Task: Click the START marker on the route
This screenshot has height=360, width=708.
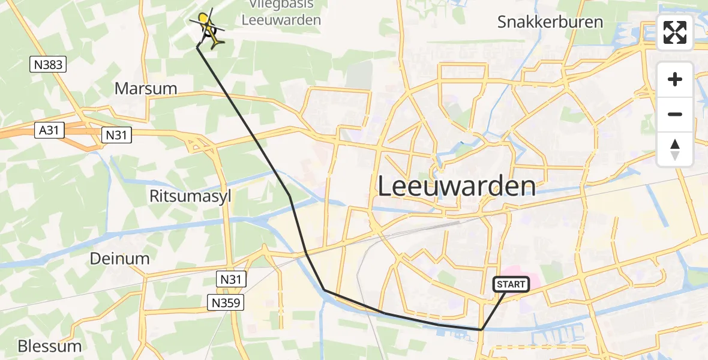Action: coord(511,284)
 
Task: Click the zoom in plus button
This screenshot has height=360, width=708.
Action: coord(675,79)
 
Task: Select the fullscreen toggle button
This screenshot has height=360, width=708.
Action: coord(675,33)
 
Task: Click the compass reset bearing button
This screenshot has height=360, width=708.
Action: coord(675,149)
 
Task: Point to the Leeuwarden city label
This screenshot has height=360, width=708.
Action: coord(457,186)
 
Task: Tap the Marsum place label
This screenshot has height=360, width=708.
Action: coord(146,89)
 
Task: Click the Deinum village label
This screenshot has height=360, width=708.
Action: coord(119,259)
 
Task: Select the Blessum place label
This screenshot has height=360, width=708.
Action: coord(49,346)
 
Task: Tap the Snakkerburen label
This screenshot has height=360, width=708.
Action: coord(550,22)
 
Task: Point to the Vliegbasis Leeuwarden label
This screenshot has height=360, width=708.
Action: coord(281,13)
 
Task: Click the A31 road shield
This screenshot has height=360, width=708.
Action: coord(49,130)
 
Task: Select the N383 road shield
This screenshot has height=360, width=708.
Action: coord(48,64)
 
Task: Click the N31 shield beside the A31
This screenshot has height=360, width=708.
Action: coord(115,136)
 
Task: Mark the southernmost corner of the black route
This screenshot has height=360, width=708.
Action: coord(481,330)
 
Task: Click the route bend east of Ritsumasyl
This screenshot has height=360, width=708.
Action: coord(290,196)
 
